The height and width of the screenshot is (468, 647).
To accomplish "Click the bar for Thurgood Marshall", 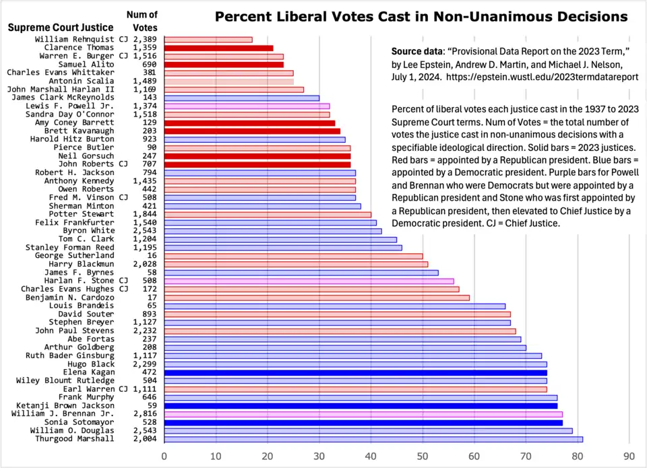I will pos(373,439).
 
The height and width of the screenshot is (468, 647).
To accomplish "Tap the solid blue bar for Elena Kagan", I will pos(355,372).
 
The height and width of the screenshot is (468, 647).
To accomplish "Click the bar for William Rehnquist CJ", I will pos(208,40).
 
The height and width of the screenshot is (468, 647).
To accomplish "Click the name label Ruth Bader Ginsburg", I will pos(70,356).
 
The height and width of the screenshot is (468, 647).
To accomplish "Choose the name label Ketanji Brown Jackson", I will pos(65,405).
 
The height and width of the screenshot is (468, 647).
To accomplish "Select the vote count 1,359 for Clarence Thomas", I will pos(145,48).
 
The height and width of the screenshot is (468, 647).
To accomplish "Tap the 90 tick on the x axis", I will pos(629,456).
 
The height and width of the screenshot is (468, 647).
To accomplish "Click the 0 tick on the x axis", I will pos(164,456).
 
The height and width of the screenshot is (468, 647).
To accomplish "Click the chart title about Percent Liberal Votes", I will pos(421,16).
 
